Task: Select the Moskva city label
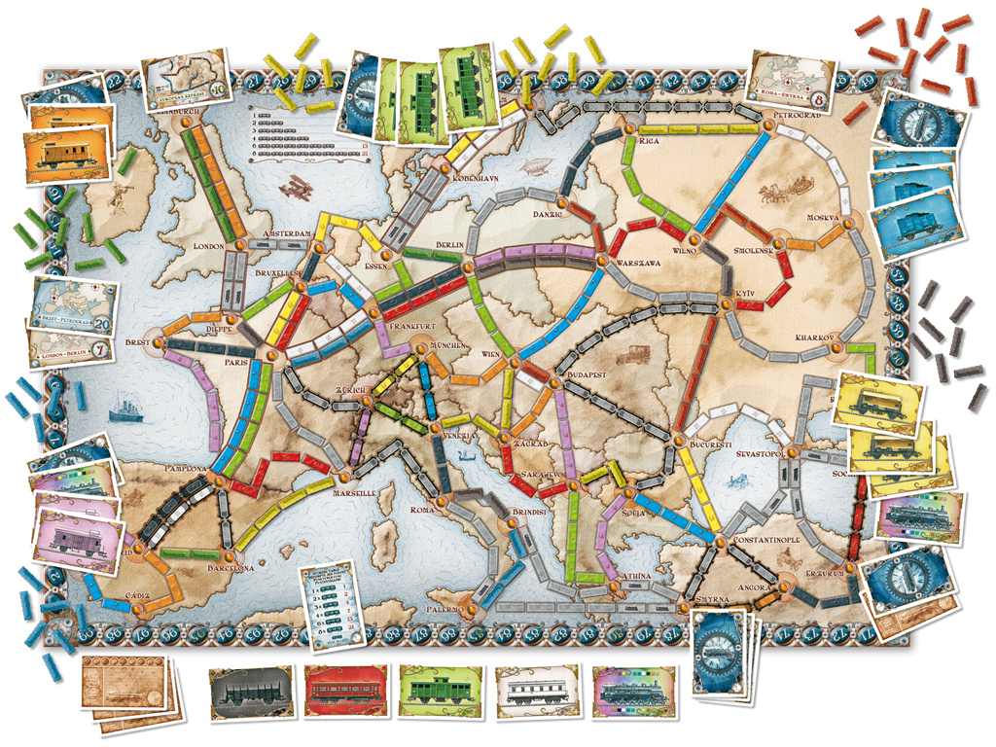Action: tap(822, 217)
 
